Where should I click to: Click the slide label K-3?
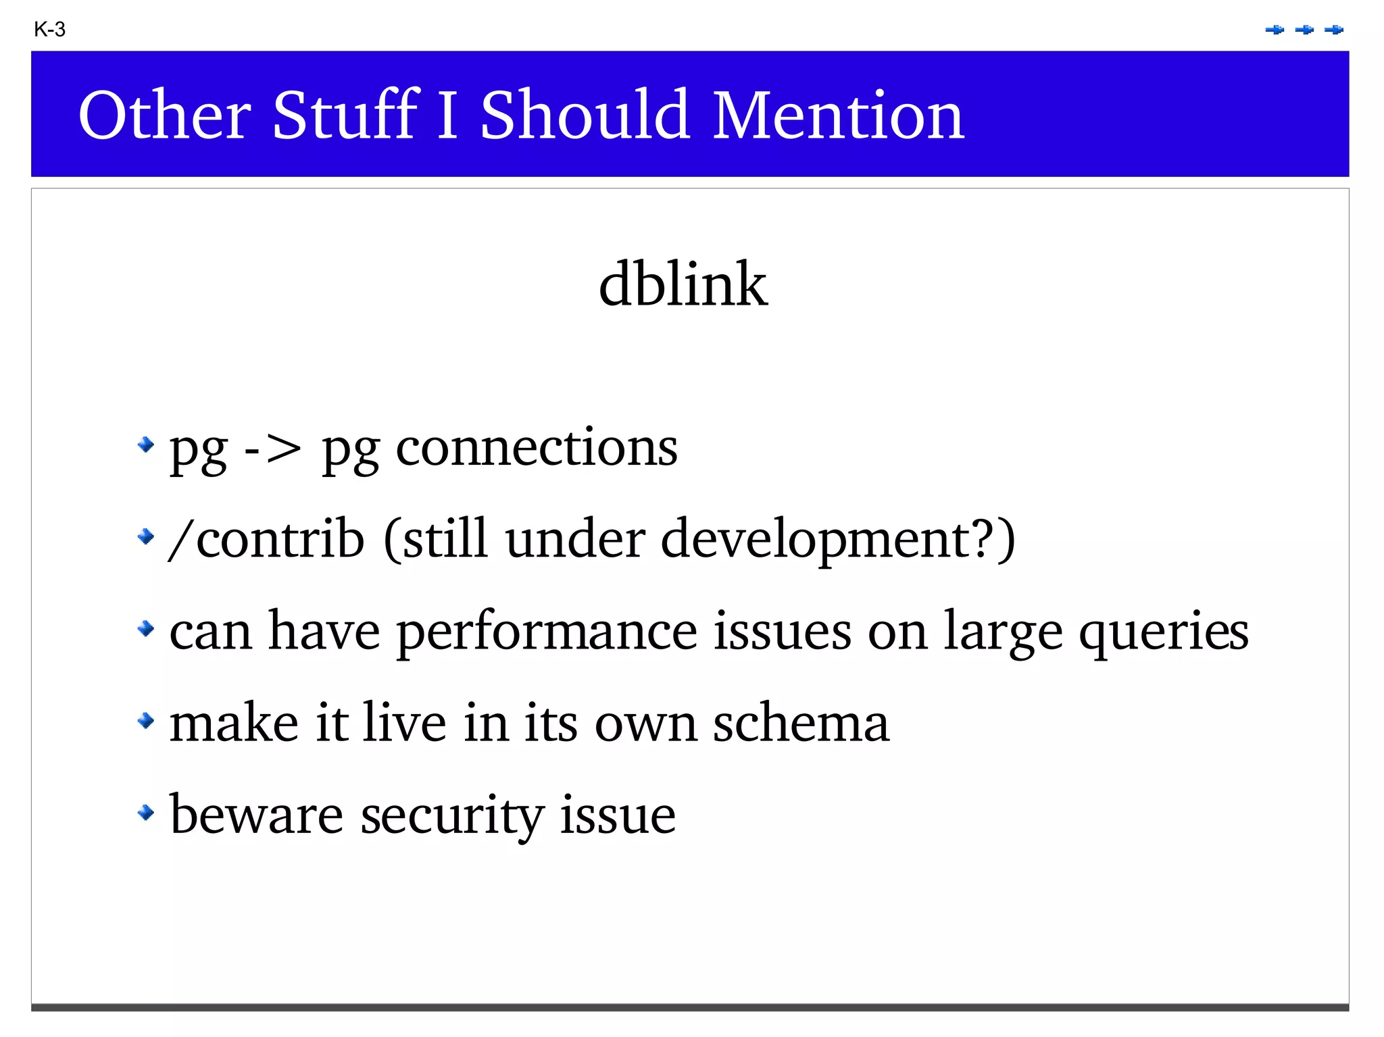(x=49, y=30)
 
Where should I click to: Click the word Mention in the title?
(x=838, y=116)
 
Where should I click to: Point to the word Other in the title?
(x=165, y=116)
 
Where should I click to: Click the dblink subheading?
(x=683, y=284)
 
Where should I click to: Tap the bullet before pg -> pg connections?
(x=145, y=445)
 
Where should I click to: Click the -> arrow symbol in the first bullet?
(x=272, y=449)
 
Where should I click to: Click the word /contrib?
(x=266, y=539)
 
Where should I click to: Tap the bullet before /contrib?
(x=145, y=537)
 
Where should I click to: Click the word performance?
(x=546, y=632)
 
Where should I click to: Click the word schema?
(x=801, y=723)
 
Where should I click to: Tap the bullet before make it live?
(x=145, y=721)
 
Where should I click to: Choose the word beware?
(x=256, y=815)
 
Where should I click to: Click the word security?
(x=451, y=816)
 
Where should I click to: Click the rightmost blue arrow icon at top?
(x=1334, y=30)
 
